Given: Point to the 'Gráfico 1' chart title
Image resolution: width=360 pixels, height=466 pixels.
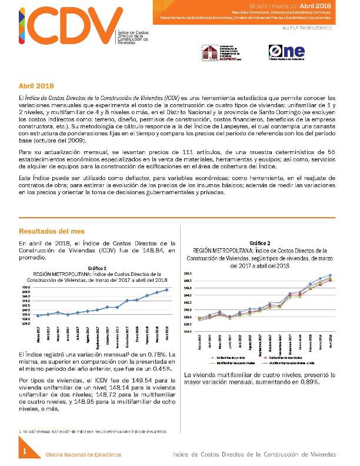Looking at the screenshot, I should (x=98, y=268).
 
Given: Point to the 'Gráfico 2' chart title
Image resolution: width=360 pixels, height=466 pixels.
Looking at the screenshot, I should (x=260, y=243).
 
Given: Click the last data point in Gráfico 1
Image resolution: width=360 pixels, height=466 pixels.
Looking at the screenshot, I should (x=167, y=289).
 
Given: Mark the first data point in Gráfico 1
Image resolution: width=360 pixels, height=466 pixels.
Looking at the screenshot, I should (x=38, y=316).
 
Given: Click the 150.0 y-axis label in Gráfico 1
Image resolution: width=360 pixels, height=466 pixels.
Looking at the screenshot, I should (x=26, y=287).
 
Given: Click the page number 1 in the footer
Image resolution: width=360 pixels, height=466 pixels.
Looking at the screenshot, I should (x=26, y=451).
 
